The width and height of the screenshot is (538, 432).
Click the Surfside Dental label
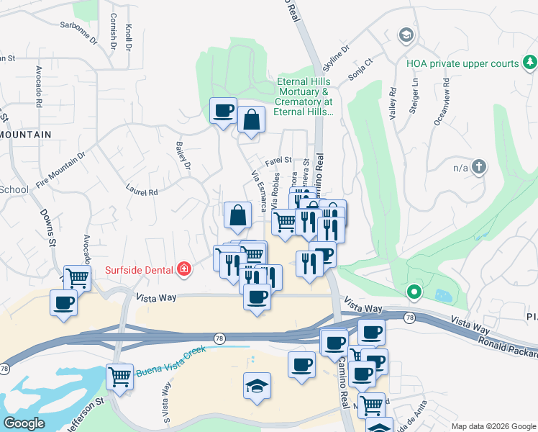point(140,270)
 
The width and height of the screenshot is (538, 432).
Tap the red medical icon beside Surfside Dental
point(184,270)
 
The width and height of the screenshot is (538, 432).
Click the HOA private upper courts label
point(462,63)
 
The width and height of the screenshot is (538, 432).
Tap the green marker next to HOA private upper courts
point(530,63)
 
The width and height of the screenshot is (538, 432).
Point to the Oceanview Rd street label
point(440,107)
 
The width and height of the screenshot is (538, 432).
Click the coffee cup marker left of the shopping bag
point(223,111)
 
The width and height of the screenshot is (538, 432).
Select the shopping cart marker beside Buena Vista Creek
point(120,376)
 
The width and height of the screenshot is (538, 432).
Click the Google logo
point(24,423)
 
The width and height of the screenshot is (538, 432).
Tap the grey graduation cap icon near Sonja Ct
point(406,35)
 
